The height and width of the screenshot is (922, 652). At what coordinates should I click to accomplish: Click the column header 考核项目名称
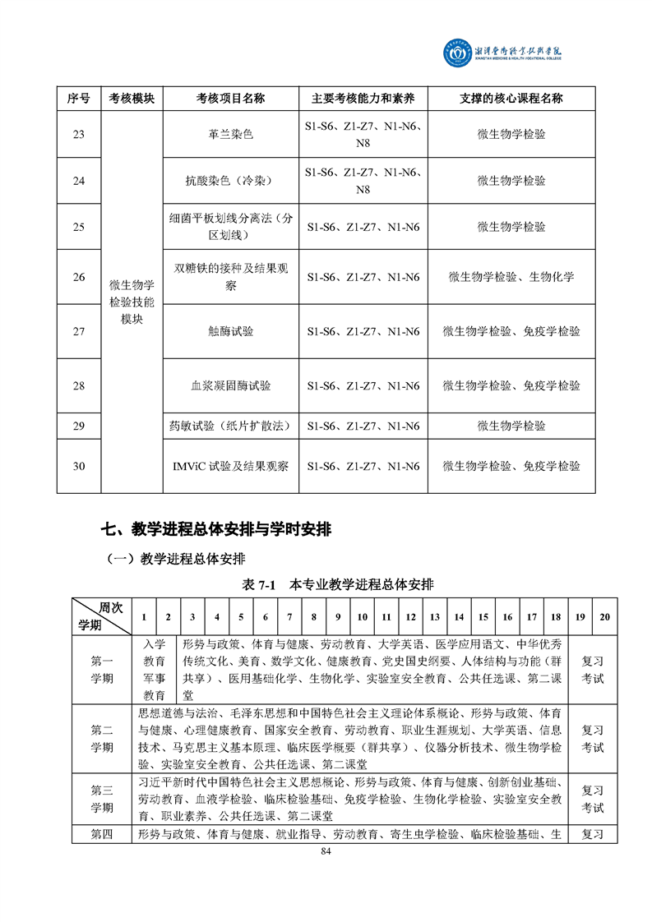click(x=230, y=99)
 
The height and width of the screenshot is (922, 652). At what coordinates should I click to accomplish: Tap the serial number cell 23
click(x=79, y=134)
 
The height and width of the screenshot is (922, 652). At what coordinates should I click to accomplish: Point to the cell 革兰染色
click(x=230, y=134)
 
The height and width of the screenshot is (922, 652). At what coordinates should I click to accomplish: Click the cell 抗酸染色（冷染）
click(x=230, y=181)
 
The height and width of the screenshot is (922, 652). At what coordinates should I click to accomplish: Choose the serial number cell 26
click(x=79, y=277)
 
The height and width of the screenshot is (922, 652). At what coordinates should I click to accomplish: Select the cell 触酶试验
click(x=230, y=331)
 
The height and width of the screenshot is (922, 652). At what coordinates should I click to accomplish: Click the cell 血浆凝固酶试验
click(x=230, y=385)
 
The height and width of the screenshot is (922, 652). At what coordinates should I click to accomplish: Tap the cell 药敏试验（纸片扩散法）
click(x=230, y=426)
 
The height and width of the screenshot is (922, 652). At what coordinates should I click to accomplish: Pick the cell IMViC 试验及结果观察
click(x=230, y=466)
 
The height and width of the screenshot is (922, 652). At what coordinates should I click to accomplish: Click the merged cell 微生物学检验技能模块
click(x=132, y=302)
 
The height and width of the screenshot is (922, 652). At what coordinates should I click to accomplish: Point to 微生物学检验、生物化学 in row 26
click(x=511, y=277)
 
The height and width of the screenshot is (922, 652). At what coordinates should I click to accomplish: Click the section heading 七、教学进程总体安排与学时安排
click(x=215, y=529)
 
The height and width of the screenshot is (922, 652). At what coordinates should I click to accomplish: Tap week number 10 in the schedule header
click(x=362, y=617)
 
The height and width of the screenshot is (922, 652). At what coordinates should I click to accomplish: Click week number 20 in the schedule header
click(x=605, y=617)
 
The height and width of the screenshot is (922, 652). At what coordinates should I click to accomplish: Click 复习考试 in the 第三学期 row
click(x=593, y=799)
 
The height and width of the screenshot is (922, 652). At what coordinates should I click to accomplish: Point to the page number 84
click(x=326, y=851)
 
